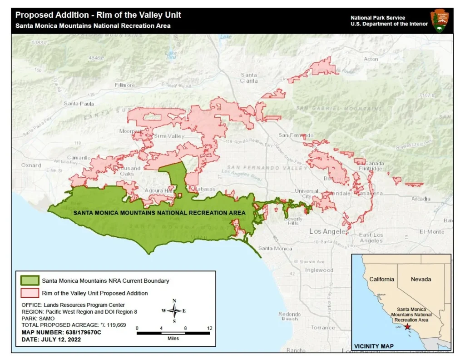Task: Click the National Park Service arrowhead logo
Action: coord(440,20)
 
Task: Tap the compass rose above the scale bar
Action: coord(174,311)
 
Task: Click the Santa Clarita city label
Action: coord(249,78)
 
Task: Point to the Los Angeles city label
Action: coord(329,231)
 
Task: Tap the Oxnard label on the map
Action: coord(31,165)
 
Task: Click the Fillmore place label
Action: coord(125,85)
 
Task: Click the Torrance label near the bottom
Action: coord(323,327)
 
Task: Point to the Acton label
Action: coord(371,59)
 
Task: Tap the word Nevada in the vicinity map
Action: coord(420,279)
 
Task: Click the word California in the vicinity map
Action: coord(381,279)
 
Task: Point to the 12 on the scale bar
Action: coord(209,328)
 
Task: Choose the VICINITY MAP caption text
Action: coord(374,346)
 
